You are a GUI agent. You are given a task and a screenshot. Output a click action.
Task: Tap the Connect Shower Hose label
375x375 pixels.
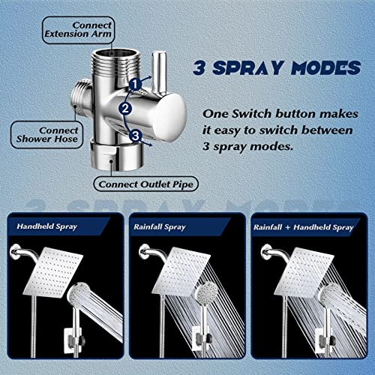(x=37, y=133)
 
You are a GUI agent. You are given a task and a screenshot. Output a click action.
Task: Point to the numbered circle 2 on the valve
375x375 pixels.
(x=126, y=109)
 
